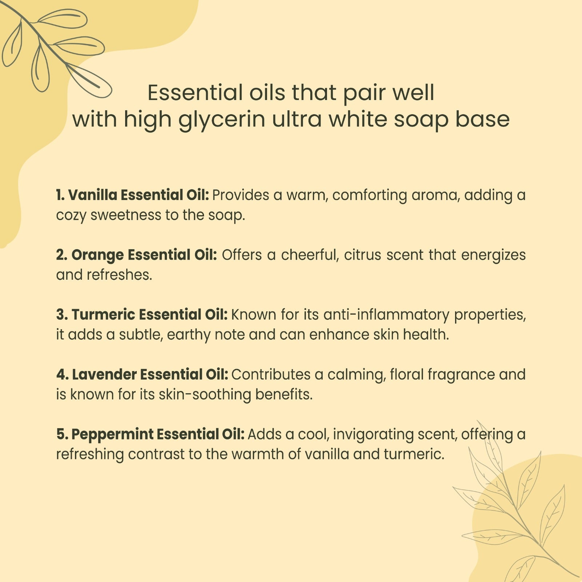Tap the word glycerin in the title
pyautogui.click(x=222, y=120)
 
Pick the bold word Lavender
pyautogui.click(x=104, y=374)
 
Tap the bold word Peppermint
pyautogui.click(x=112, y=435)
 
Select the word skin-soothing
pyautogui.click(x=205, y=395)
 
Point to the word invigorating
pyautogui.click(x=373, y=435)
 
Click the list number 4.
pyautogui.click(x=62, y=375)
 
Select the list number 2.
pyautogui.click(x=62, y=255)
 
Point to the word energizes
pyautogui.click(x=493, y=255)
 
